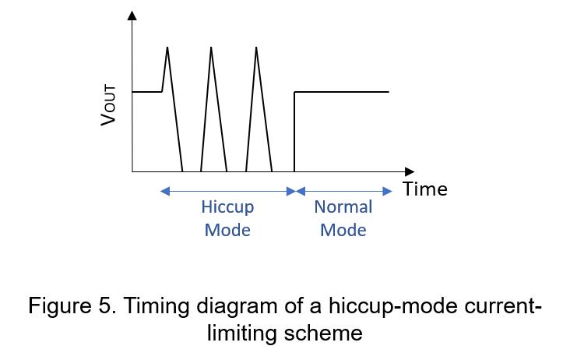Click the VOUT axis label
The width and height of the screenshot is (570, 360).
(x=108, y=105)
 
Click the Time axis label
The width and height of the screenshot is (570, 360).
(x=425, y=189)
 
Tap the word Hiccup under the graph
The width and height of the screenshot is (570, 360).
(x=227, y=208)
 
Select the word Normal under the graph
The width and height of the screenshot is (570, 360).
(x=343, y=207)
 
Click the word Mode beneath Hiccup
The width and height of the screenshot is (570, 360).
(x=227, y=230)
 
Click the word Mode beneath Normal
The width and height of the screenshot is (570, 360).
(x=343, y=230)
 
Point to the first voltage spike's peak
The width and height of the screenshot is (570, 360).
(x=167, y=48)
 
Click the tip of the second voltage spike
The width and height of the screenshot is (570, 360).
(x=211, y=48)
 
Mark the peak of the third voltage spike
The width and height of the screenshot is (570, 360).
(x=256, y=48)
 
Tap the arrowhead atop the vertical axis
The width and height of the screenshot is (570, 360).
(x=132, y=16)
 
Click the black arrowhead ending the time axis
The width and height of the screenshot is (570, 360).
(x=410, y=171)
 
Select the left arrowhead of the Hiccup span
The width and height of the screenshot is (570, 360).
(x=165, y=191)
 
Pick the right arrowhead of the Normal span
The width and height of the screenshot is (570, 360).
(x=388, y=191)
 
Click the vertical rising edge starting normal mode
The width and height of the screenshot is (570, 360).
(x=294, y=132)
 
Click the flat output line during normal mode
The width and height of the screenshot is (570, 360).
(x=342, y=92)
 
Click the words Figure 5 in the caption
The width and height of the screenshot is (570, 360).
(x=72, y=305)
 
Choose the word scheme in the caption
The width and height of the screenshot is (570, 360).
(x=323, y=333)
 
